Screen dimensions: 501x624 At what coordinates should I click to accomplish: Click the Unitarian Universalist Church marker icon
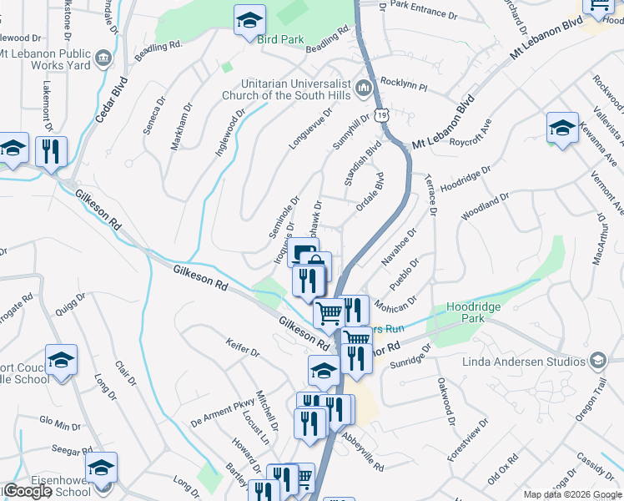pyautogui.click(x=363, y=87)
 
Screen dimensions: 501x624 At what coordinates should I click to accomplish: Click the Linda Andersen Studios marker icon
pyautogui.click(x=597, y=361)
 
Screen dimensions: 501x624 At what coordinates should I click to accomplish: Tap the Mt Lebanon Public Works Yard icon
pyautogui.click(x=103, y=58)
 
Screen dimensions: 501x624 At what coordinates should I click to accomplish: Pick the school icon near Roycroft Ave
pyautogui.click(x=562, y=128)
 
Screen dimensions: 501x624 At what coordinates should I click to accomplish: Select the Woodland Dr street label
pyautogui.click(x=485, y=205)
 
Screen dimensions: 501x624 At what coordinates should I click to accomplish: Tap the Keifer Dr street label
pyautogui.click(x=243, y=347)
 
